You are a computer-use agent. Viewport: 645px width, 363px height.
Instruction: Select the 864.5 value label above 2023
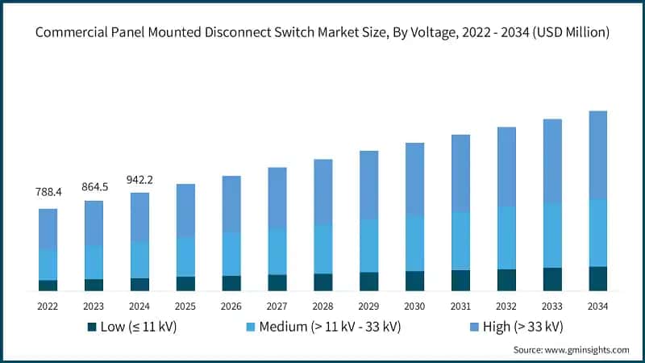[x=94, y=187]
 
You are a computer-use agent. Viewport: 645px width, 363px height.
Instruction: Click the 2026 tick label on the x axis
[x=231, y=307]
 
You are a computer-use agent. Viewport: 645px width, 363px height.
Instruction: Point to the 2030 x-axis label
[x=414, y=307]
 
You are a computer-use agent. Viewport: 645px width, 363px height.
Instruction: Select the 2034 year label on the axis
[x=597, y=307]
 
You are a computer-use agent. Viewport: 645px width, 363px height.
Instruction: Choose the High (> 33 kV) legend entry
[x=516, y=327]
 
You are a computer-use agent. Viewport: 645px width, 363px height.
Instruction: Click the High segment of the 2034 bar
[x=597, y=155]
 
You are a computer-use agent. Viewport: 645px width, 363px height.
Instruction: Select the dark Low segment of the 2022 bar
[x=48, y=285]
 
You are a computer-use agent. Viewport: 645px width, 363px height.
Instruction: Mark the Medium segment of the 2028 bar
[x=322, y=248]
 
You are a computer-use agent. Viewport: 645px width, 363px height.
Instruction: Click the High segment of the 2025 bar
[x=185, y=211]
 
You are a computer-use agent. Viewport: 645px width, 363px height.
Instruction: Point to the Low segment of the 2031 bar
[x=460, y=280]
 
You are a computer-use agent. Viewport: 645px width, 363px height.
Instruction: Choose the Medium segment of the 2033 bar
[x=551, y=235]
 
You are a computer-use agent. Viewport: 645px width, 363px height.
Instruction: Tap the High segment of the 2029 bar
[x=368, y=185]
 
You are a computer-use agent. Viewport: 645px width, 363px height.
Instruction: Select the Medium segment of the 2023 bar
[x=94, y=262]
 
